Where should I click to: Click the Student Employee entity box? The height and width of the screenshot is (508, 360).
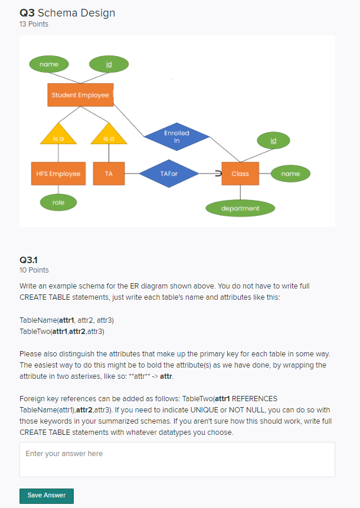pyautogui.click(x=80, y=95)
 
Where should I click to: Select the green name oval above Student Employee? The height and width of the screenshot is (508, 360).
pyautogui.click(x=48, y=64)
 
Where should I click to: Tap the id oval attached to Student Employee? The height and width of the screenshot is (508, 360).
pyautogui.click(x=109, y=64)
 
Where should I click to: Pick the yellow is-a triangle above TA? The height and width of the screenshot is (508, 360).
pyautogui.click(x=109, y=135)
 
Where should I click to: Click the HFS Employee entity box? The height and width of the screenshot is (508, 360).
pyautogui.click(x=58, y=174)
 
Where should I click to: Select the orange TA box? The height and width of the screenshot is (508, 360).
pyautogui.click(x=109, y=174)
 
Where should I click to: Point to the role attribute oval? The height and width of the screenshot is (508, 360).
pyautogui.click(x=58, y=202)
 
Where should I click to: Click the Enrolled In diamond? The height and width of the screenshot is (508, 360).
pyautogui.click(x=177, y=137)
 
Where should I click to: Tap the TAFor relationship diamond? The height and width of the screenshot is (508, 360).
pyautogui.click(x=169, y=174)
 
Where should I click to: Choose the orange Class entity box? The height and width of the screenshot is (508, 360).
pyautogui.click(x=240, y=174)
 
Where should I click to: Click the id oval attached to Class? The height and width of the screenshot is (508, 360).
pyautogui.click(x=273, y=140)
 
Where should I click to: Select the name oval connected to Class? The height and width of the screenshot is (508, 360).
pyautogui.click(x=290, y=174)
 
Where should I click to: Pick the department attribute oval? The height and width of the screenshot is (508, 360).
pyautogui.click(x=240, y=208)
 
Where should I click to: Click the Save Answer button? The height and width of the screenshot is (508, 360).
pyautogui.click(x=47, y=496)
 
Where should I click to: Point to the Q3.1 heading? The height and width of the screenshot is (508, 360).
pyautogui.click(x=28, y=260)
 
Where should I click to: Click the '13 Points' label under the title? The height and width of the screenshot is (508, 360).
pyautogui.click(x=34, y=24)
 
